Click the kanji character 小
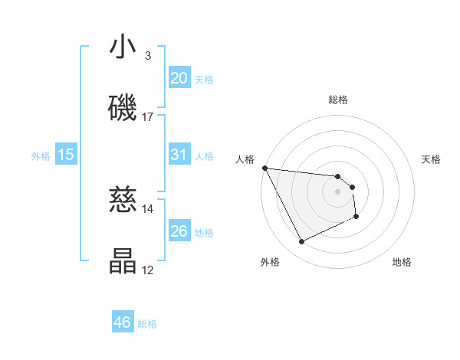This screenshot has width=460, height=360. coord(123,47)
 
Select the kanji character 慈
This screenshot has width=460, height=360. coord(123,201)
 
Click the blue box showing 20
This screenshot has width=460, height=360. coord(179,77)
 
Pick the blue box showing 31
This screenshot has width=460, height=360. coord(179,155)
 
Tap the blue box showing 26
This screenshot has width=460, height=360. coord(179,231)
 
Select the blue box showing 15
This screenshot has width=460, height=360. coord(66,155)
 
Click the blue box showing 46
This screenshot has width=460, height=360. coord(123,322)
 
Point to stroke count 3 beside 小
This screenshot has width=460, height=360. coord(147,56)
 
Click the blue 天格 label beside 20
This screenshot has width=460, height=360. coord(204,79)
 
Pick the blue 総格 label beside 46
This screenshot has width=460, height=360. coord(147,324)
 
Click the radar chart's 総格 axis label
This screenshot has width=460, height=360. coord(338,100)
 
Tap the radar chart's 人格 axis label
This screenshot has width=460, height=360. coord(245,159)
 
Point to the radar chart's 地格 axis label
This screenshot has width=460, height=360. coord(402,262)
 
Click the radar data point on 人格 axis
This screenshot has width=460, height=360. coord(264,168)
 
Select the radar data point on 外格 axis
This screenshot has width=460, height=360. coord(301,242)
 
